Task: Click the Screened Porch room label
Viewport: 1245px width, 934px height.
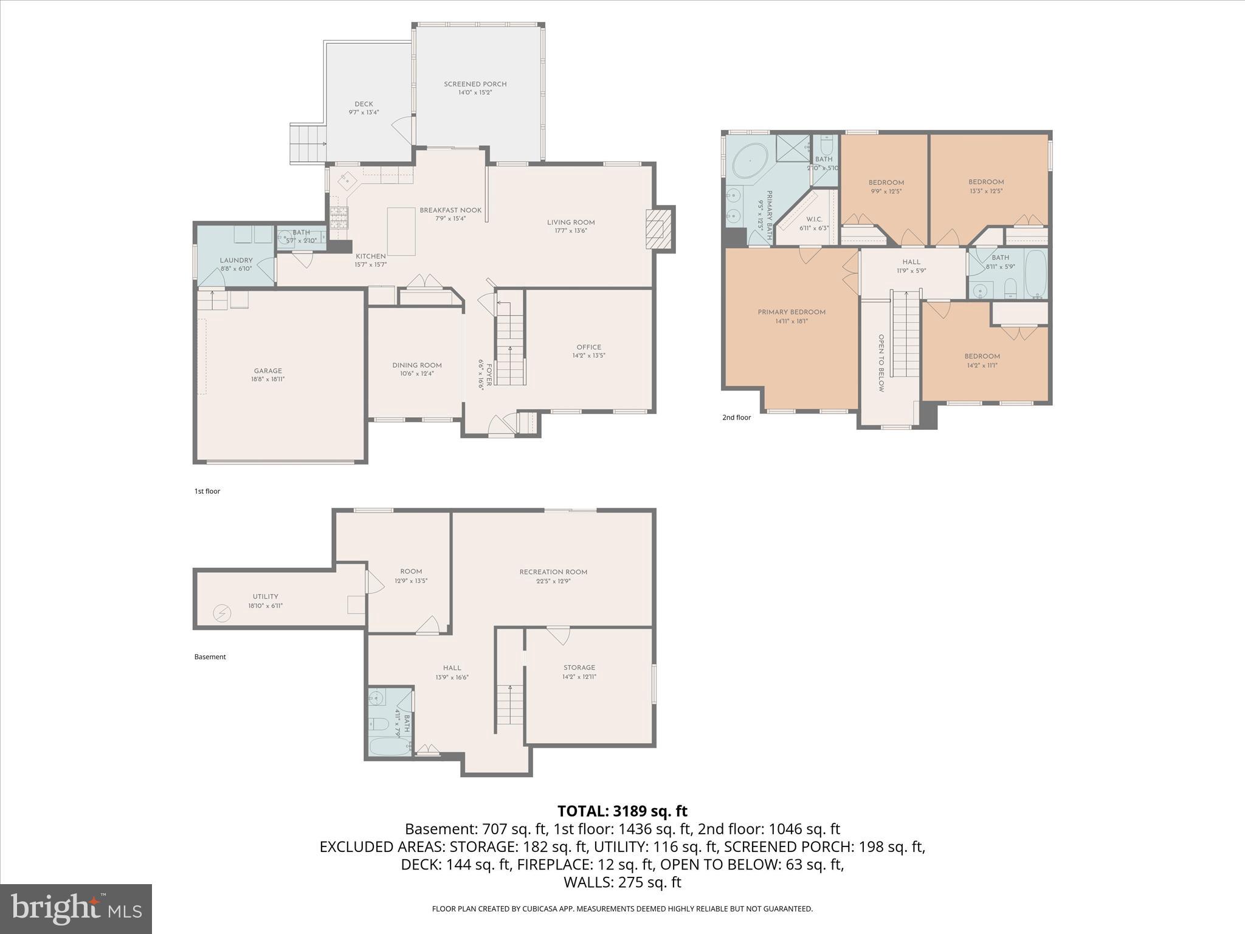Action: (475, 85)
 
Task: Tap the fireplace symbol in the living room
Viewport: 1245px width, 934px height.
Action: (656, 229)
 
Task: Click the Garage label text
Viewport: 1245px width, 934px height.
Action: (267, 371)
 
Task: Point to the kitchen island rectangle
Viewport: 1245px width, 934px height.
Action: (401, 231)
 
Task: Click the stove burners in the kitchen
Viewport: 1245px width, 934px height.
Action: (339, 216)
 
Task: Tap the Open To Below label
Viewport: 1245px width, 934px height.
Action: (881, 362)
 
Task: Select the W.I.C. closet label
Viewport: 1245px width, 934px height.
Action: (814, 220)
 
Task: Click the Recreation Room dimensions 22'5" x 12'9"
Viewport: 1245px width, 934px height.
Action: (553, 581)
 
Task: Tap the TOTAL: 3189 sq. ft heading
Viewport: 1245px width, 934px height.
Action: (622, 811)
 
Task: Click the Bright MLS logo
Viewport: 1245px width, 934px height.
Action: (76, 908)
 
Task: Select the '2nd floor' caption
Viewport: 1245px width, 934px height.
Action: (736, 418)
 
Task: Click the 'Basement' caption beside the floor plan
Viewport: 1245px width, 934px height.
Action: (210, 657)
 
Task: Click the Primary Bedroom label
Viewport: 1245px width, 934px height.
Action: (791, 313)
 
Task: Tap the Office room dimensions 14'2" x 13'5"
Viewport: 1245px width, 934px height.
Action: (588, 356)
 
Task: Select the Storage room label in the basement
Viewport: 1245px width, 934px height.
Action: (579, 668)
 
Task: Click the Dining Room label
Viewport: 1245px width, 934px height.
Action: (416, 365)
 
